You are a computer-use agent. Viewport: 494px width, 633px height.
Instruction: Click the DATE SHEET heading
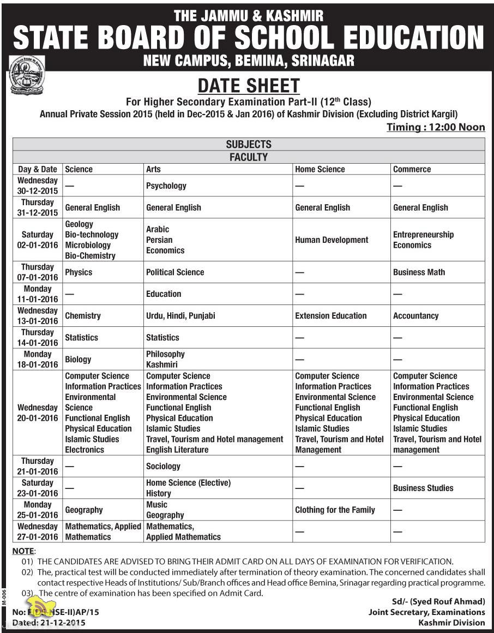(x=249, y=86)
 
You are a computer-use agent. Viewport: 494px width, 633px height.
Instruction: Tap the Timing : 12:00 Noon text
(x=436, y=127)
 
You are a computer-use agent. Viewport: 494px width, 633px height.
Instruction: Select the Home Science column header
(x=320, y=169)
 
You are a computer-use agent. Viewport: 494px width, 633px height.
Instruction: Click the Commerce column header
(x=412, y=169)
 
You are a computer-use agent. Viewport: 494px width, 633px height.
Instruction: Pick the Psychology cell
(x=166, y=186)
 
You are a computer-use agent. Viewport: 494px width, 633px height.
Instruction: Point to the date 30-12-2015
(x=37, y=191)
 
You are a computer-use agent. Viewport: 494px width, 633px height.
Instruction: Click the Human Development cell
(x=332, y=240)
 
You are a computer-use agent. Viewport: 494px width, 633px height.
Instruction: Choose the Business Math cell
(x=419, y=272)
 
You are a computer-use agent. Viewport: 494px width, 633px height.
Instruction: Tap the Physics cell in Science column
(x=79, y=272)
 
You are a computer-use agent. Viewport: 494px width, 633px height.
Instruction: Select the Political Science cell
(x=175, y=272)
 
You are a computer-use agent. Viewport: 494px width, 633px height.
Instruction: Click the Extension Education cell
(x=331, y=315)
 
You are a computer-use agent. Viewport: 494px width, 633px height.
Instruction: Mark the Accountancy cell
(x=415, y=315)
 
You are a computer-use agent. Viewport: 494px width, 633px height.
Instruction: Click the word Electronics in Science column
(x=84, y=450)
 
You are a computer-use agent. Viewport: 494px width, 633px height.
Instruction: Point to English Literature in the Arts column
(x=177, y=450)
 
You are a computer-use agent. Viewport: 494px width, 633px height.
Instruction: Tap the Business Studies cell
(x=423, y=488)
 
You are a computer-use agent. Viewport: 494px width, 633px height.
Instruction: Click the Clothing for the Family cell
(x=335, y=510)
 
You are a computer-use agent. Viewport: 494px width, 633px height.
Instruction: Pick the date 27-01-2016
(x=37, y=537)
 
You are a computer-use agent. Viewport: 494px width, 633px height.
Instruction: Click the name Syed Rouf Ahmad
(x=448, y=601)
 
